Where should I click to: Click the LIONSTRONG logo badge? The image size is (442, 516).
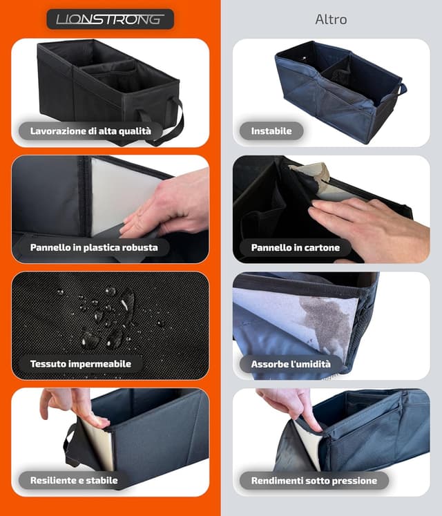(x=110, y=19)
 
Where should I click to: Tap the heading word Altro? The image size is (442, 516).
(x=331, y=19)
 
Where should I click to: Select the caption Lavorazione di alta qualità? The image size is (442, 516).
(x=90, y=131)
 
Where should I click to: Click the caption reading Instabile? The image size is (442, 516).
(x=271, y=131)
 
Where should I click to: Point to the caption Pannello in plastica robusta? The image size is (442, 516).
(x=94, y=247)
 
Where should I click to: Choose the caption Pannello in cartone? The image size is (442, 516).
(x=295, y=247)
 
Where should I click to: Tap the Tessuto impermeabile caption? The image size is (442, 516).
(x=81, y=363)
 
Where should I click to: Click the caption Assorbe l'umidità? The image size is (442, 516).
(x=291, y=364)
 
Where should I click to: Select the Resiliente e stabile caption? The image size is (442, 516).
(x=74, y=480)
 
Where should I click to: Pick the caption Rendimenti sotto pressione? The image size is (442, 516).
(x=314, y=481)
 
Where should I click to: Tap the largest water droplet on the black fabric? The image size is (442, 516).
(x=127, y=300)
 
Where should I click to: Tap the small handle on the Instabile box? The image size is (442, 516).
(x=402, y=89)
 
